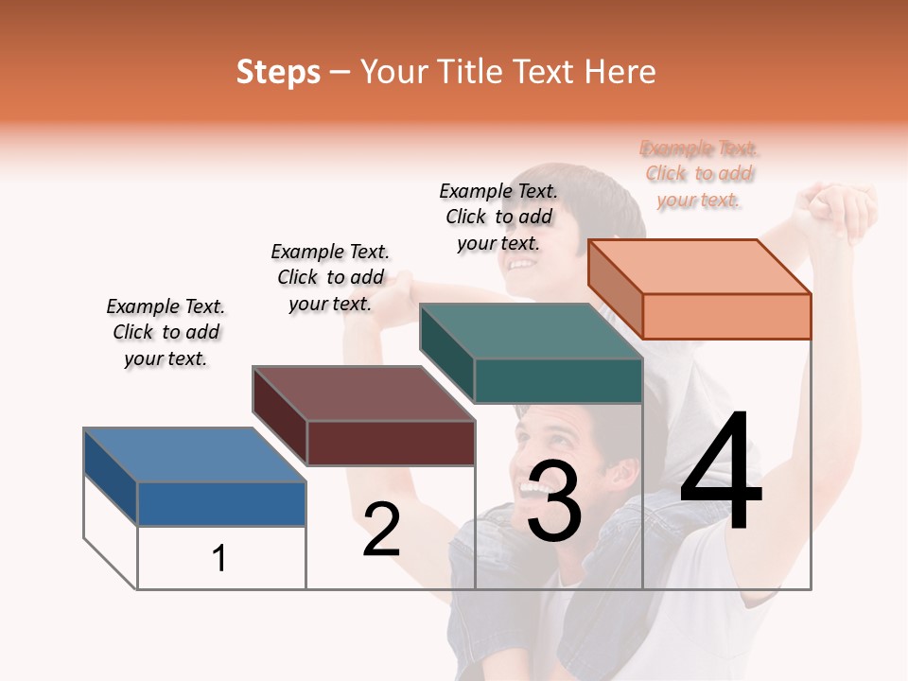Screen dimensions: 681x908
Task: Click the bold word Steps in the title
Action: click(278, 72)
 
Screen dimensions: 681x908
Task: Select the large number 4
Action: click(721, 473)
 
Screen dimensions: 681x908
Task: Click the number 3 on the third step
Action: click(554, 502)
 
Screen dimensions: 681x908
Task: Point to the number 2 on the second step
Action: click(381, 529)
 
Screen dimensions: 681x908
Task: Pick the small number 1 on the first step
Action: click(219, 558)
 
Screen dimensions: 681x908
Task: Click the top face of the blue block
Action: click(194, 454)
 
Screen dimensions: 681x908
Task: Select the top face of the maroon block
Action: click(363, 393)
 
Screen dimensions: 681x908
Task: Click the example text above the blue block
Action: click(166, 332)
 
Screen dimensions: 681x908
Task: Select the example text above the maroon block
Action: click(330, 277)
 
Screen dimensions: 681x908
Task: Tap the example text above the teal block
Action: click(498, 217)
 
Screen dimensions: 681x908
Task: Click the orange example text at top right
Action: click(699, 174)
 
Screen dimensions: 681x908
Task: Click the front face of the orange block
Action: click(726, 316)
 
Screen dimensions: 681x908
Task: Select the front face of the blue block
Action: click(221, 503)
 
